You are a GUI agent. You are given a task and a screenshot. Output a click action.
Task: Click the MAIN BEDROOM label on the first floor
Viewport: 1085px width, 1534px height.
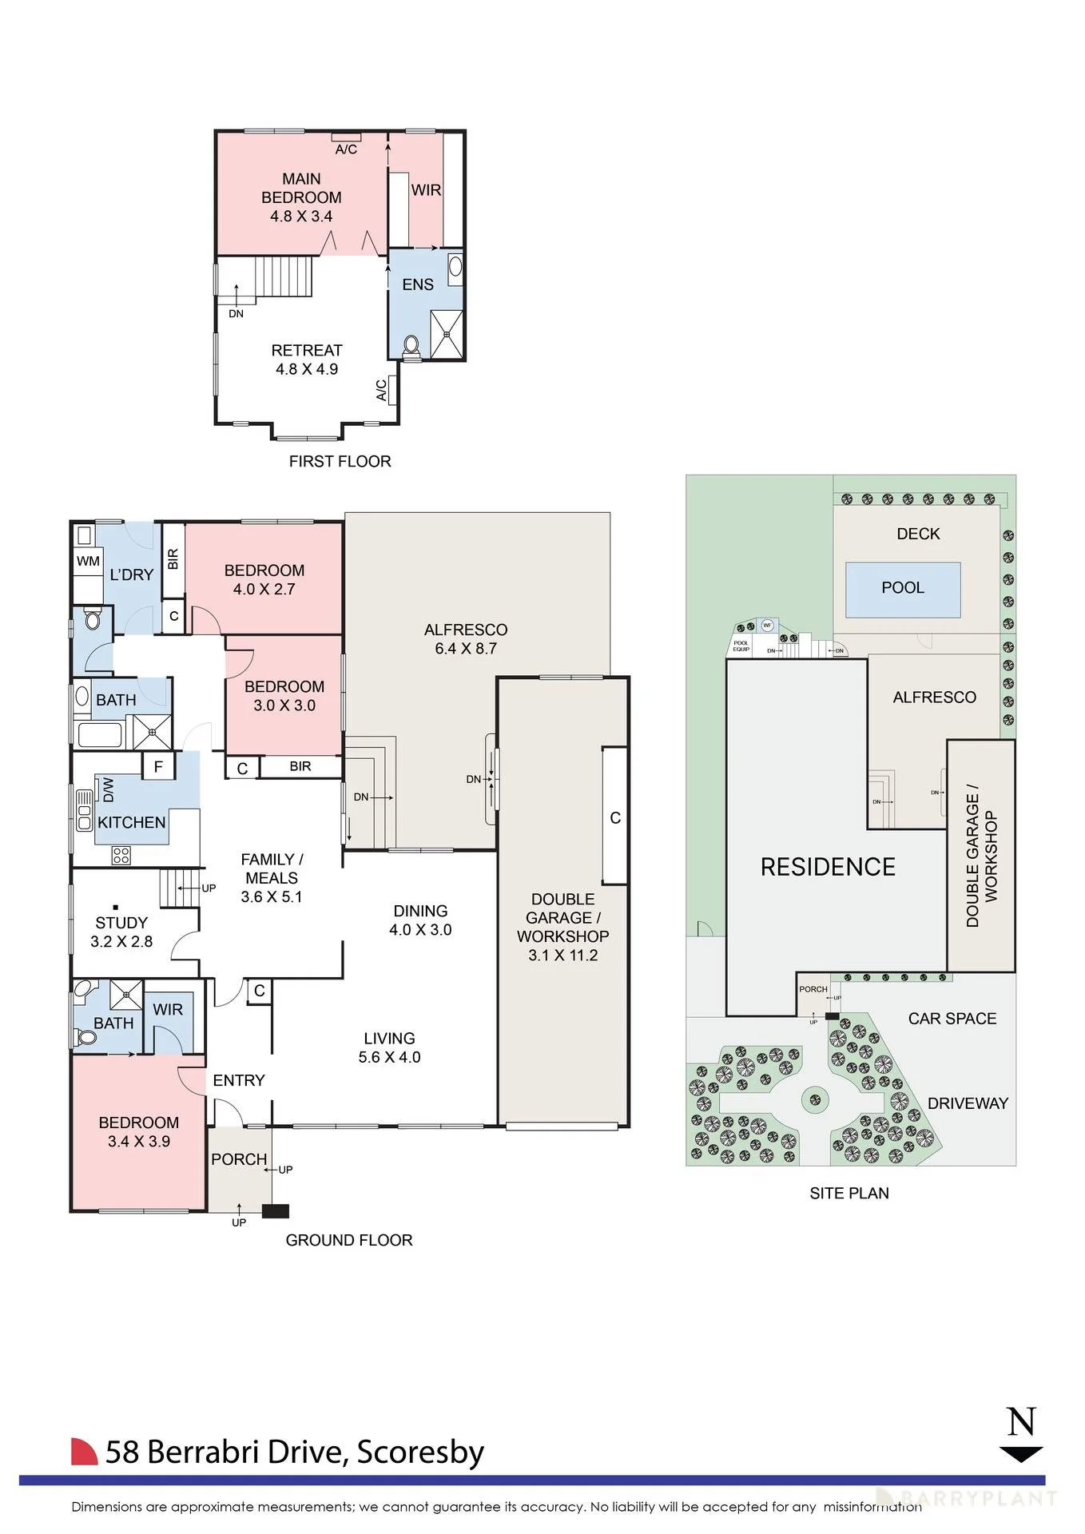click(301, 189)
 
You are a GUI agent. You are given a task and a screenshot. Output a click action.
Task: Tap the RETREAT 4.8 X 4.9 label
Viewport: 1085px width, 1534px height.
click(307, 360)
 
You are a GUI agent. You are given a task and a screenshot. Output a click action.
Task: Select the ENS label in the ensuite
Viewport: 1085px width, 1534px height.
click(418, 284)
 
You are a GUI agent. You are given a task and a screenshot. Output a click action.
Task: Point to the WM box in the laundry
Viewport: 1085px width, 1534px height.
click(88, 562)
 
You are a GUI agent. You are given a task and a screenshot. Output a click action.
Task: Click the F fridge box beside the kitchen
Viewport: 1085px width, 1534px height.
click(158, 767)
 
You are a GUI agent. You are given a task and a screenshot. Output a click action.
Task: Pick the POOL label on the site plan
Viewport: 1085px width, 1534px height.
click(903, 588)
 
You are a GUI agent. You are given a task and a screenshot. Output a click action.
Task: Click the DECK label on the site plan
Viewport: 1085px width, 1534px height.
click(918, 534)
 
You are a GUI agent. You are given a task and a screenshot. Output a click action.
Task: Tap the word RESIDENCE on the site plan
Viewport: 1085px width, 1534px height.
click(828, 867)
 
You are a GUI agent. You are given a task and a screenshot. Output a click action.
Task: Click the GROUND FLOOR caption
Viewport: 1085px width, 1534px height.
click(349, 1240)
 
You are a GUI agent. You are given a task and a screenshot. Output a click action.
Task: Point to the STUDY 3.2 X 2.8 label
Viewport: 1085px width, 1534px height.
click(121, 932)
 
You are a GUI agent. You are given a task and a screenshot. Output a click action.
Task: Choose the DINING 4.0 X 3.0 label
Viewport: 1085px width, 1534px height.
click(420, 920)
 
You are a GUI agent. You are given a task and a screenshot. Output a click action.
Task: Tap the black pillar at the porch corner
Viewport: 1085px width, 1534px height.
click(275, 1211)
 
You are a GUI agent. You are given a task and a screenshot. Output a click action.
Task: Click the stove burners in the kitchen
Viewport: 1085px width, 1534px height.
click(121, 856)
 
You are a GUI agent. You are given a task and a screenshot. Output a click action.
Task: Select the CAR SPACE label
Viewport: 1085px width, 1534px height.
click(952, 1019)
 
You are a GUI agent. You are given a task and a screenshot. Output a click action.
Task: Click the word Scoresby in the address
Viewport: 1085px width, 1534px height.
click(420, 1453)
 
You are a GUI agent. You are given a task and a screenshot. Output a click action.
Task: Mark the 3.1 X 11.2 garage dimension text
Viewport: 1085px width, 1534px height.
click(562, 956)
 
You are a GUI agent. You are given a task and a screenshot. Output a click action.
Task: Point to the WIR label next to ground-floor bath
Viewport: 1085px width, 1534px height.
click(168, 1010)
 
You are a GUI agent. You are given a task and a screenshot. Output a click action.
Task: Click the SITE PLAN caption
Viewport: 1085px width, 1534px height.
click(849, 1193)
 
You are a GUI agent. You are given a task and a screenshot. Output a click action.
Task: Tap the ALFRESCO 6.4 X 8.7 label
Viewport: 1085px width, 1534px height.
click(466, 639)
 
